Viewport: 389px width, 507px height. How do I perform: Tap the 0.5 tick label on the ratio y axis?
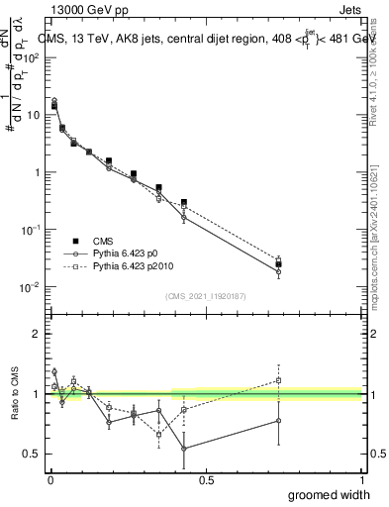31,454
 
